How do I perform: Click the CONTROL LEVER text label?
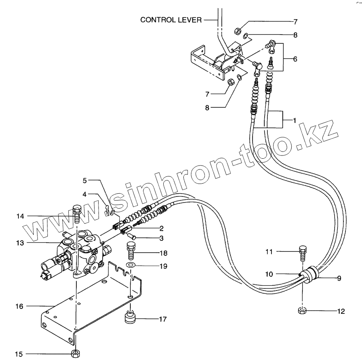[x=171, y=20]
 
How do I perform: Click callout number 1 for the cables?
[x=294, y=120]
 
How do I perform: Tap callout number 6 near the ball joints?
[x=295, y=59]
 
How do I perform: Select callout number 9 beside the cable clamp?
[x=339, y=278]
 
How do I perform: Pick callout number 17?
[x=162, y=319]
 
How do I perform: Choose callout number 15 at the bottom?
[x=19, y=354]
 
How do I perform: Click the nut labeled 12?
[x=302, y=310]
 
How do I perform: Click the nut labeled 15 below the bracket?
[x=75, y=354]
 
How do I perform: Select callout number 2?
[x=161, y=229]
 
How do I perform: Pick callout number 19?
[x=162, y=266]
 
